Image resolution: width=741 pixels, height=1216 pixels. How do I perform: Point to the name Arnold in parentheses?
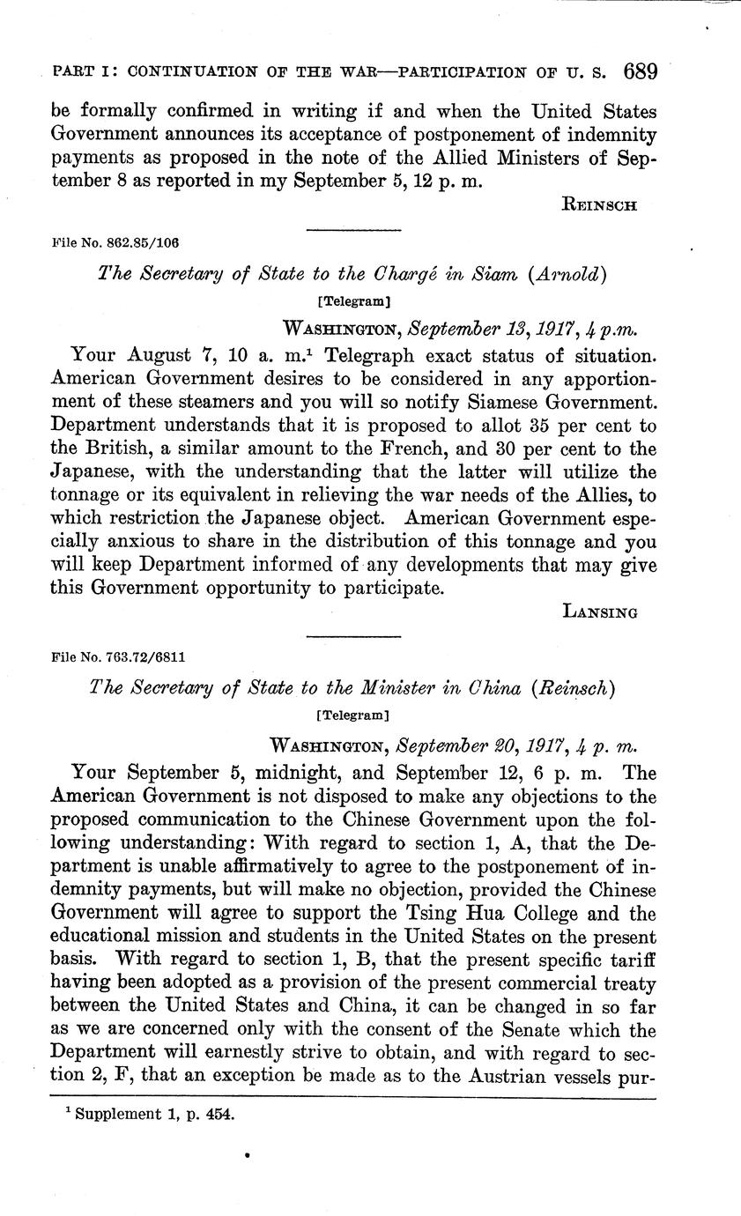(x=570, y=274)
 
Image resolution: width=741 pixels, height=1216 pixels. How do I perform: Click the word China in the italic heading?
(x=482, y=688)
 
